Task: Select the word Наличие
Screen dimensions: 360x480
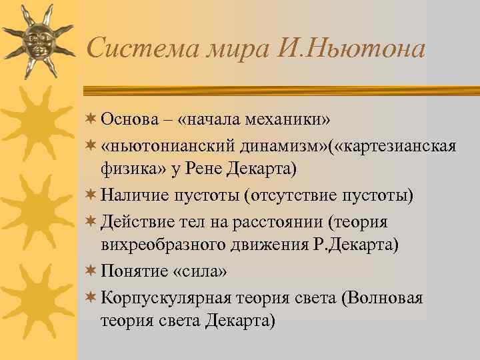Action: tap(136, 196)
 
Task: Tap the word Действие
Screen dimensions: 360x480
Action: tap(138, 221)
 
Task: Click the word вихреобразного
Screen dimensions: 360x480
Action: tap(160, 245)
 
